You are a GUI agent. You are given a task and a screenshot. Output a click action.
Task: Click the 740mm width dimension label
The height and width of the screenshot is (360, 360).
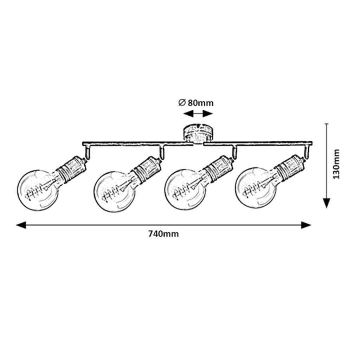163,234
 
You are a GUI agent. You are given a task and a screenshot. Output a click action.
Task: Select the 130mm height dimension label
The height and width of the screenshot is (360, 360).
337,164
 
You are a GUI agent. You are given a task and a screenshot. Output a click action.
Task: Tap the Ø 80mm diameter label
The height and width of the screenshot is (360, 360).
196,103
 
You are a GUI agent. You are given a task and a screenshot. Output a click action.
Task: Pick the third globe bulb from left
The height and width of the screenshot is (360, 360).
185,190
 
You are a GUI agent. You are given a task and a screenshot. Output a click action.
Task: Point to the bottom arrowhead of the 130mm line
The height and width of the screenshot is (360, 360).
327,203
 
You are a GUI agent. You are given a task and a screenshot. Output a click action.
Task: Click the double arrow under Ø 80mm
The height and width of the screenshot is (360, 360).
198,114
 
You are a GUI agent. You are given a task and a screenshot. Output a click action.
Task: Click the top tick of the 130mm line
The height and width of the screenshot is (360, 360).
327,124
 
